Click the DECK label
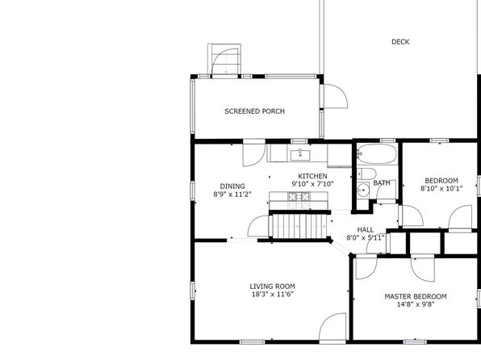[x=400, y=42]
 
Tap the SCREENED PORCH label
[x=254, y=111]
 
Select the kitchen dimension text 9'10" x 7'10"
[x=312, y=184]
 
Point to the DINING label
[x=232, y=186]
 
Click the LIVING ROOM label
[x=273, y=287]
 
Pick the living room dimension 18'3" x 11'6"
[x=273, y=295]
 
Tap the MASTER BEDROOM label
[x=416, y=296]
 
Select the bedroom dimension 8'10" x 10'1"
[x=441, y=188]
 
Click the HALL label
[x=366, y=229]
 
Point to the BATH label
[x=382, y=183]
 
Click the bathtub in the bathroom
[x=377, y=153]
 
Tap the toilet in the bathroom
[x=366, y=174]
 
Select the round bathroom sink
[x=363, y=190]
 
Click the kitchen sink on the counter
[x=300, y=155]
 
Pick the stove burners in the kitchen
[x=299, y=196]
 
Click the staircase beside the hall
[x=299, y=226]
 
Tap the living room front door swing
[x=333, y=326]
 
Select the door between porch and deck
[x=334, y=96]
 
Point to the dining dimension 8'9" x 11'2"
[x=232, y=195]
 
